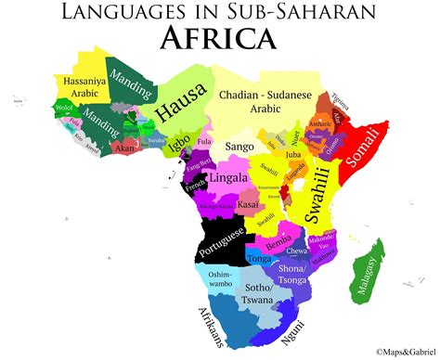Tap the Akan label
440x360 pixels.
pos(123,147)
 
